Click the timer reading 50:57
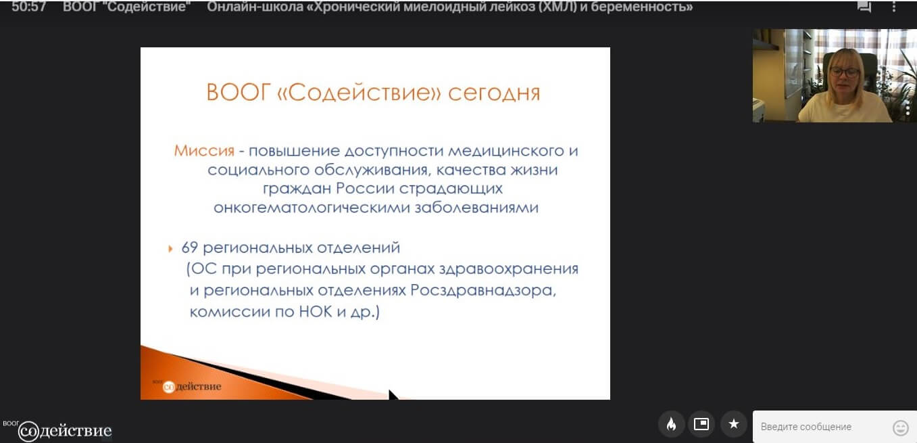click(28, 7)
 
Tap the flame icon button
click(672, 424)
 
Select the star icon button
click(734, 424)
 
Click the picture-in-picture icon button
click(701, 424)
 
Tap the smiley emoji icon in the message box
click(900, 427)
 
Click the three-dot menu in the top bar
click(893, 7)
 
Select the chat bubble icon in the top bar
click(864, 7)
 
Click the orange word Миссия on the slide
click(204, 151)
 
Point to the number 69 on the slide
click(189, 248)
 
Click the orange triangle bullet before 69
click(170, 248)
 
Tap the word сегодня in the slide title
click(494, 93)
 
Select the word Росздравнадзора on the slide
click(483, 291)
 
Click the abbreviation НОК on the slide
click(316, 311)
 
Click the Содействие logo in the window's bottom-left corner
click(57, 430)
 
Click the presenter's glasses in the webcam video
click(845, 72)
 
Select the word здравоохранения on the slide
click(509, 269)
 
